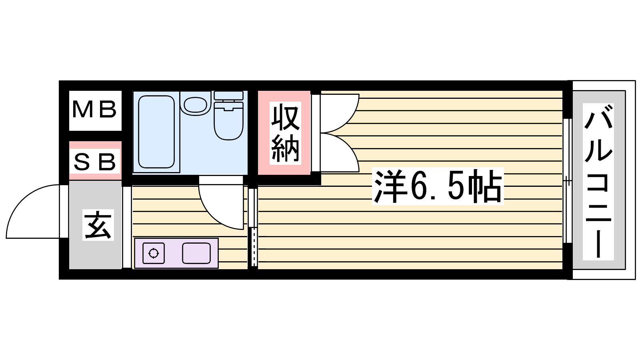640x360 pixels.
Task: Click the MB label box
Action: (x=95, y=110)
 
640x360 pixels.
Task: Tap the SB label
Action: (x=95, y=162)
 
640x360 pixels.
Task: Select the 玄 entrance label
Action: (x=98, y=225)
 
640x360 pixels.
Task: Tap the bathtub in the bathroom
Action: (x=156, y=132)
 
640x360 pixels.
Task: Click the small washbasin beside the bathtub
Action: (x=195, y=104)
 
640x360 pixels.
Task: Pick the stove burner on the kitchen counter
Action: (x=154, y=253)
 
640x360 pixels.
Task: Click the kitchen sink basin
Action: (x=196, y=253)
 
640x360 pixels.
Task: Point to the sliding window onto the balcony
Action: (x=567, y=181)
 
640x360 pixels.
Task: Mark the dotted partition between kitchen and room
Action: (x=254, y=247)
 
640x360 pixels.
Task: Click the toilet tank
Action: (x=228, y=96)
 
